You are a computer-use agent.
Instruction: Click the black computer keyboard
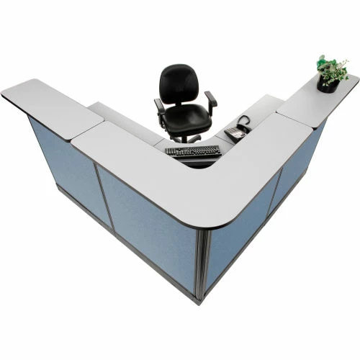(x=192, y=151)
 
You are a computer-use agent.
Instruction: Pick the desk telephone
(x=236, y=131)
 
